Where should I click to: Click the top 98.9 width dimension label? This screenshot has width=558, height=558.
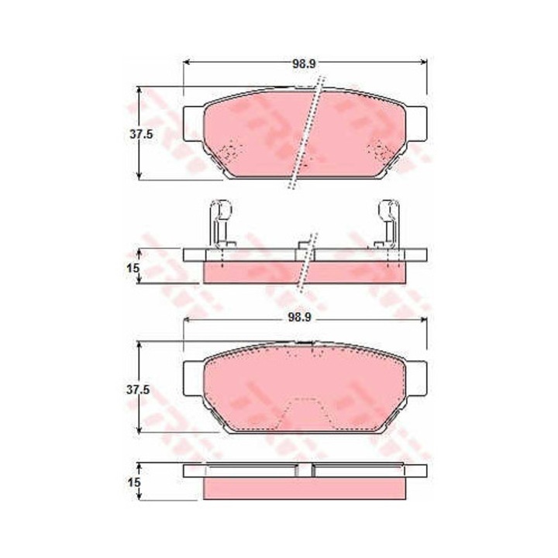coord(304,64)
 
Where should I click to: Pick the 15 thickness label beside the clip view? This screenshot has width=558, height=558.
coord(133,268)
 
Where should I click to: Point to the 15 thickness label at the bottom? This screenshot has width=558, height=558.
coord(133,483)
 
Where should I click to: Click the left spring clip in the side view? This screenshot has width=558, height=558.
coord(221,223)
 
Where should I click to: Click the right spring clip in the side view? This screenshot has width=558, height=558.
coord(388,223)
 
